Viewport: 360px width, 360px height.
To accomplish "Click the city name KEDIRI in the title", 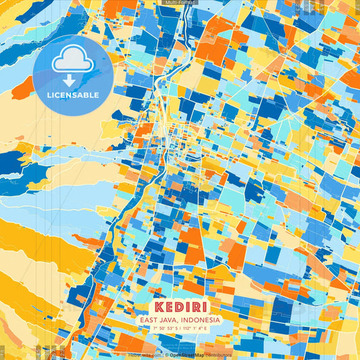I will click(179, 307).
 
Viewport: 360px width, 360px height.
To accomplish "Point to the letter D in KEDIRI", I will click(177, 307).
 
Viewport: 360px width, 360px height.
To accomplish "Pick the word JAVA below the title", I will click(170, 319).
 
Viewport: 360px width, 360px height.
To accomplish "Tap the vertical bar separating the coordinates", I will click(180, 328).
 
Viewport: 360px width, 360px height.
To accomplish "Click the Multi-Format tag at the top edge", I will click(179, 3).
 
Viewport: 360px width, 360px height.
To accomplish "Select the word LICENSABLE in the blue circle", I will click(72, 95).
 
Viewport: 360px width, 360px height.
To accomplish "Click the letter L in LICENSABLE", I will click(49, 95).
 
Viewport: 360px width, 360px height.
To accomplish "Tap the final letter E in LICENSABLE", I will click(97, 95).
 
